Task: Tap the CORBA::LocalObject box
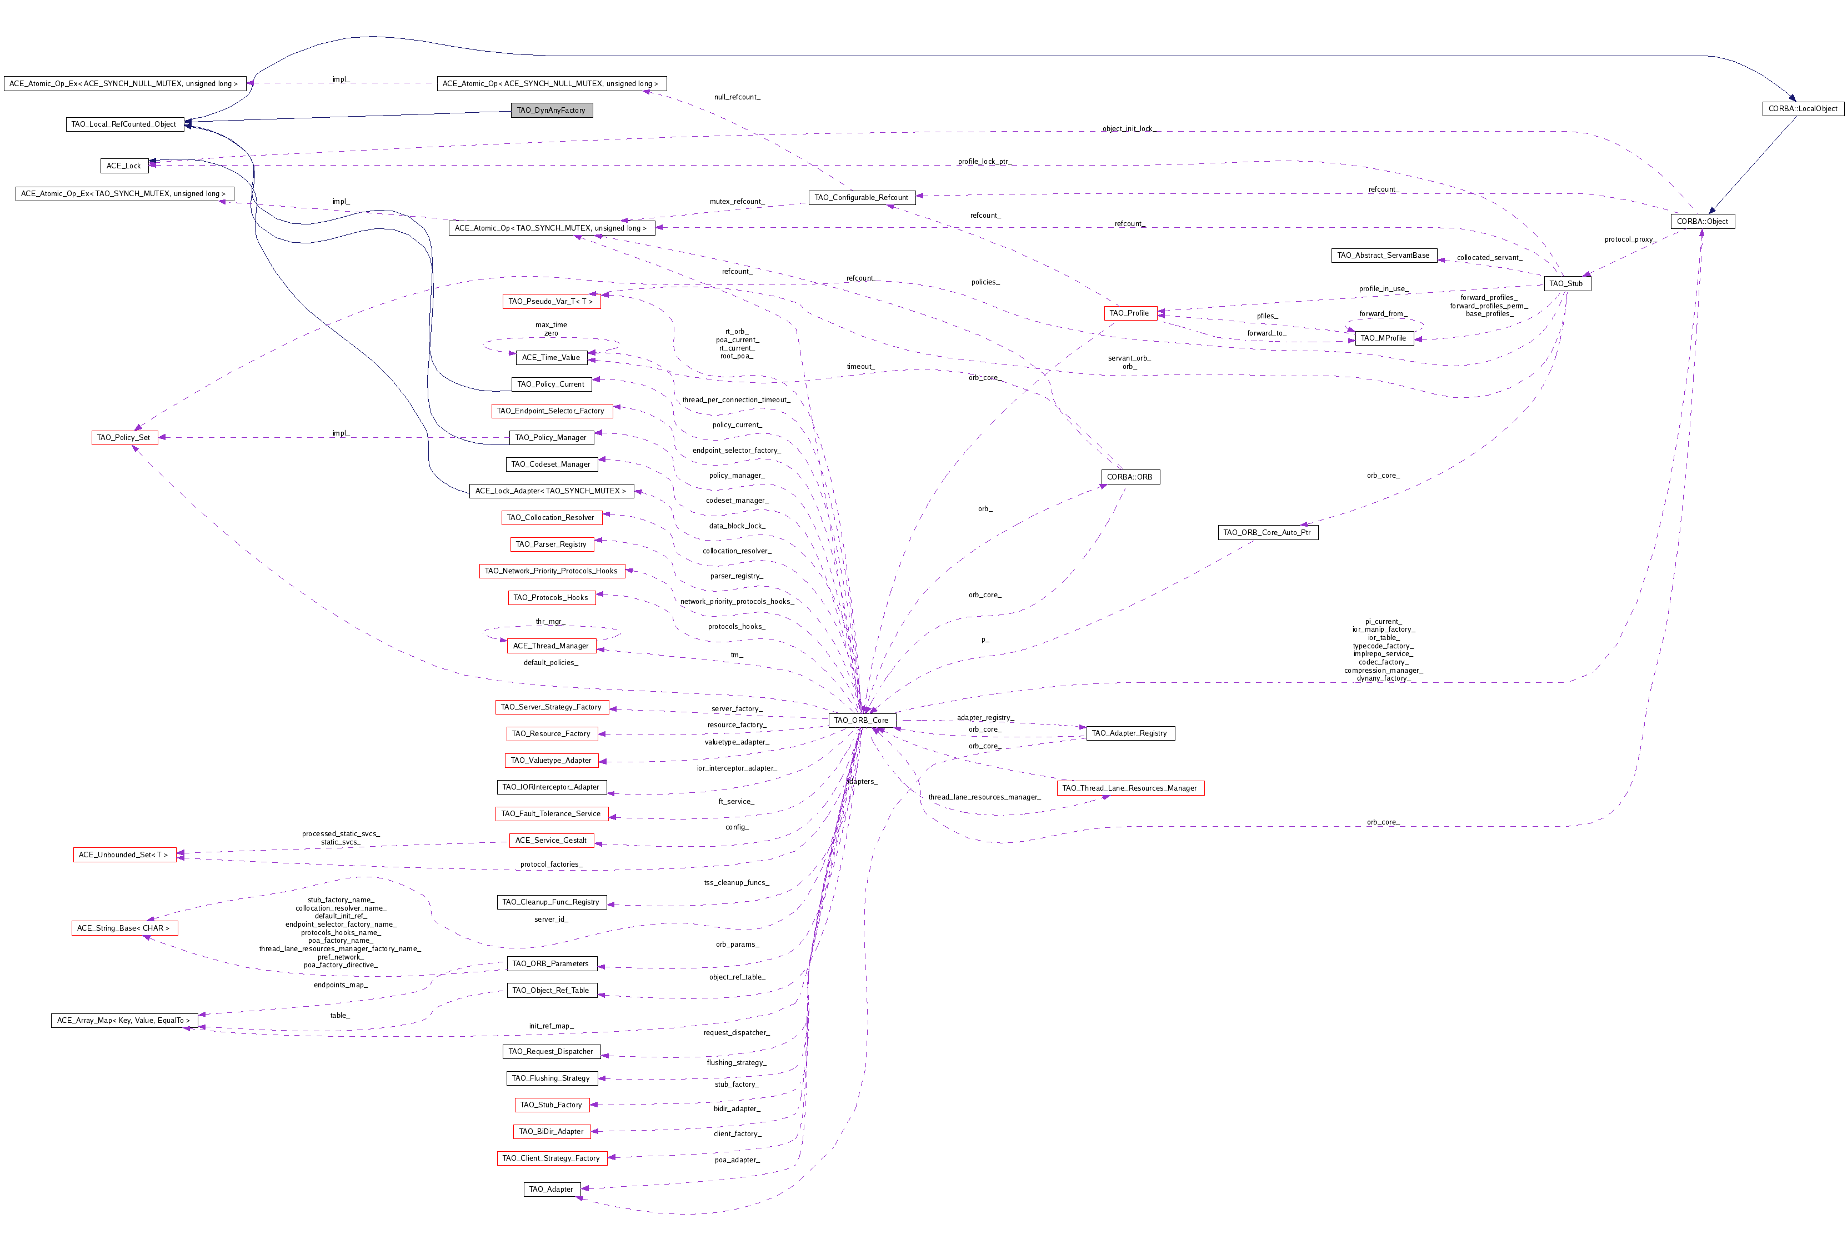[x=1802, y=108]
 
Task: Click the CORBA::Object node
[x=1701, y=221]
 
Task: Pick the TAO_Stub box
[x=1565, y=283]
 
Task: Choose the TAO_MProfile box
[x=1383, y=338]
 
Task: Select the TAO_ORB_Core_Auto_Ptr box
[x=1267, y=533]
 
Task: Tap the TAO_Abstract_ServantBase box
[x=1383, y=256]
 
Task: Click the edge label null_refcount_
[x=737, y=97]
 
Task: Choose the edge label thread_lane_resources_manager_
[x=984, y=797]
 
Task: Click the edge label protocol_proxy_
[x=1630, y=239]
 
